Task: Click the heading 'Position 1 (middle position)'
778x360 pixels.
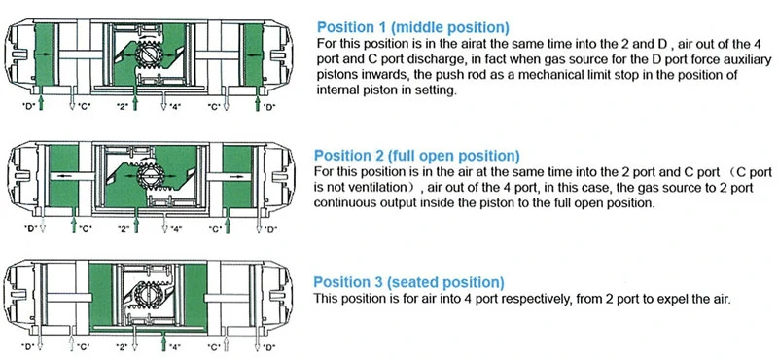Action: click(412, 27)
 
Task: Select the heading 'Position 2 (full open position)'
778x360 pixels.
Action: click(417, 156)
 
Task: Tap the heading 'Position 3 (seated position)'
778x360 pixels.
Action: click(408, 282)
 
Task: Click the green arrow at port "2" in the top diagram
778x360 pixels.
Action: click(135, 98)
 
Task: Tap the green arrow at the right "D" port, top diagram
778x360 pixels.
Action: click(258, 98)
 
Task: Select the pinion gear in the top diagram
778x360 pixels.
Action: click(148, 52)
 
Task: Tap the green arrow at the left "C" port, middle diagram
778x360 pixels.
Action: click(75, 222)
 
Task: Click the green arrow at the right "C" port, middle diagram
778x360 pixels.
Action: click(228, 222)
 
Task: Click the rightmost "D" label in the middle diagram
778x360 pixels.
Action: click(271, 229)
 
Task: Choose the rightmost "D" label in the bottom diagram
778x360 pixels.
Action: click(269, 346)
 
